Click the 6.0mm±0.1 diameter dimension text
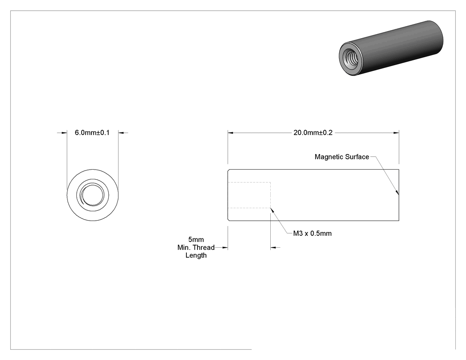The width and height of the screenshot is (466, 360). tap(92, 133)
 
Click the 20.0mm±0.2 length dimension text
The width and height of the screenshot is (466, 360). tap(313, 133)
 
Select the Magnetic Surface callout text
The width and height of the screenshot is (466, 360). tap(342, 157)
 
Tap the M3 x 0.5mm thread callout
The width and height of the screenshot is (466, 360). tap(312, 233)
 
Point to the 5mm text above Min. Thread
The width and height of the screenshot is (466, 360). tap(196, 240)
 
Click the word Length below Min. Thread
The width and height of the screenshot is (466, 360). tap(196, 255)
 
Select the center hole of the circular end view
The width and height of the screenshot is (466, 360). tap(93, 195)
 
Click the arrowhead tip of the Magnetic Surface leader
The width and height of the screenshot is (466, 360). tap(398, 195)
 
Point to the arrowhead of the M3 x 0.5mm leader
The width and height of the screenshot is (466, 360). tap(271, 209)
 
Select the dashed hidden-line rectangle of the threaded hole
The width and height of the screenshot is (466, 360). tap(270, 195)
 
